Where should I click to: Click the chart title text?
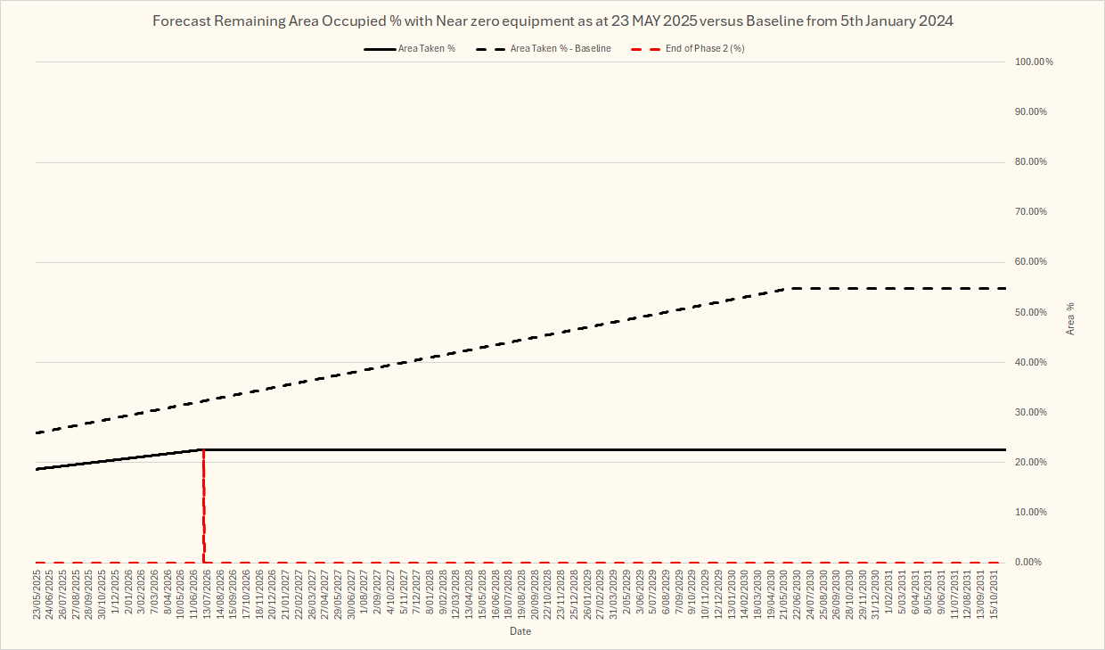552,21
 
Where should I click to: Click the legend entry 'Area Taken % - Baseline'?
560,48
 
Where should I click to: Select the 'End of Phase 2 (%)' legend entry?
704,48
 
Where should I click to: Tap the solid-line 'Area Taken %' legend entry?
426,48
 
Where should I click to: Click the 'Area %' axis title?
1070,318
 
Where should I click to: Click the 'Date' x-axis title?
520,631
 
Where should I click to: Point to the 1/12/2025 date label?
116,598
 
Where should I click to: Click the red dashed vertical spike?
204,508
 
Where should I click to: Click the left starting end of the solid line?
37,469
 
